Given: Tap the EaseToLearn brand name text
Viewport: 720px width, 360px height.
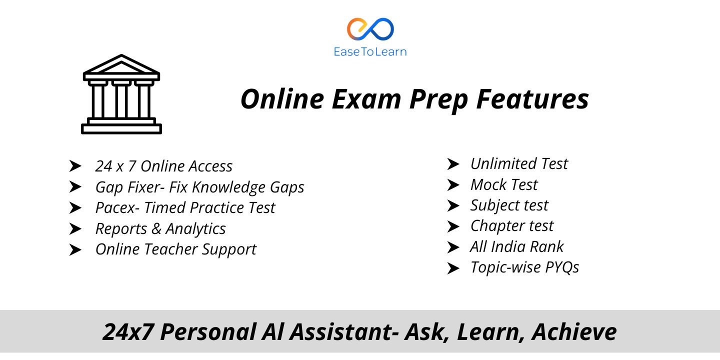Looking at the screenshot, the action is click(x=370, y=52).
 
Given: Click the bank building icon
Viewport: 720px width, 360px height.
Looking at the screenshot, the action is click(x=121, y=94).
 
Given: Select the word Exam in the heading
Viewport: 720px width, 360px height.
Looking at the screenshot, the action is click(x=366, y=99).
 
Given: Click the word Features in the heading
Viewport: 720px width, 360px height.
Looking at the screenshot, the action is click(x=532, y=99).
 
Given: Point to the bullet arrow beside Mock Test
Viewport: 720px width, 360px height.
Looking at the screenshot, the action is click(x=453, y=185).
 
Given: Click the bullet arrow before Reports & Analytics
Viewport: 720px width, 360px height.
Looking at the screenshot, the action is click(x=75, y=229).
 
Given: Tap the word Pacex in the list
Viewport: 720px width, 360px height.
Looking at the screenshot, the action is click(x=115, y=207).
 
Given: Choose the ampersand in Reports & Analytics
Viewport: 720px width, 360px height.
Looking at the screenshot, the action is click(x=156, y=228).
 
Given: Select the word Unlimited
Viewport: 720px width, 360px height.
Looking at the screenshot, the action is click(x=503, y=163).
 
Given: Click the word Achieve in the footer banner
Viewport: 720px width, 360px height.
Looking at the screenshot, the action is click(x=574, y=331).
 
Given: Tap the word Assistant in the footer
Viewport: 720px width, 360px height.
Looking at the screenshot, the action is click(x=344, y=332).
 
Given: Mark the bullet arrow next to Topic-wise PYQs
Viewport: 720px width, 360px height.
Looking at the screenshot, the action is click(x=453, y=268).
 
